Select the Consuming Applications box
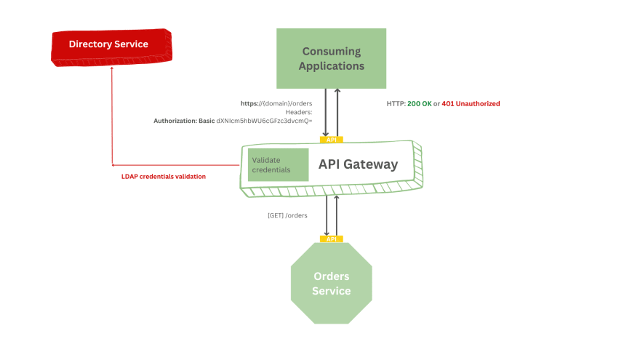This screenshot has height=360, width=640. [332, 58]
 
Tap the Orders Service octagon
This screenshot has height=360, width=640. [331, 284]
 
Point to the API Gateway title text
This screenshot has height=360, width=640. [358, 164]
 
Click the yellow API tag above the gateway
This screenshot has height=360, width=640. [331, 139]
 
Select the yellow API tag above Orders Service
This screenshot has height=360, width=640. [331, 239]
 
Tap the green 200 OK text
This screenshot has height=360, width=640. [419, 104]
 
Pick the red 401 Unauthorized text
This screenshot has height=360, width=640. [471, 104]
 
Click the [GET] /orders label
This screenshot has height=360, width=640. [288, 215]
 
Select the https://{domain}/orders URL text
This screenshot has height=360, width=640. [276, 103]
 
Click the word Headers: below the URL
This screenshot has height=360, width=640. [299, 112]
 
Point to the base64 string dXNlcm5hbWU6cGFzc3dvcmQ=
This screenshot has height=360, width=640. [265, 121]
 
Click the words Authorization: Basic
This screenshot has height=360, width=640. [184, 121]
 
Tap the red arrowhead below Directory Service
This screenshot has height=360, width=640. [111, 70]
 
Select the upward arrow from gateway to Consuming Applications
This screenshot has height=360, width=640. [336, 113]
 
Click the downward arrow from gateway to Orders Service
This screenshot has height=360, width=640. [326, 215]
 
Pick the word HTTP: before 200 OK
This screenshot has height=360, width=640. [396, 104]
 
